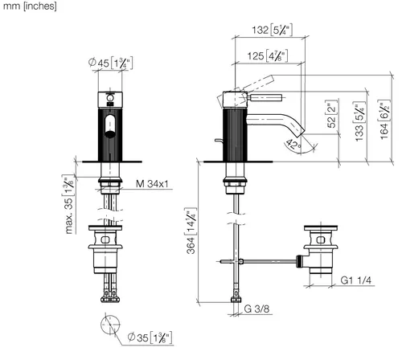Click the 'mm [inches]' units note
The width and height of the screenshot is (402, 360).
point(30,6)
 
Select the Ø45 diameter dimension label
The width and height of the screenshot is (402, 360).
point(110,63)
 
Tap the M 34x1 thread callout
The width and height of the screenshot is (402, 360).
point(152,184)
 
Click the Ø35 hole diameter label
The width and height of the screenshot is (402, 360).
point(150,337)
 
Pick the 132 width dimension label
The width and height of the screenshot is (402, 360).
point(272,30)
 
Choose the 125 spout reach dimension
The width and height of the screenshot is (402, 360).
point(268,56)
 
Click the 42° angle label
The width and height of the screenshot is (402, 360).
point(293,145)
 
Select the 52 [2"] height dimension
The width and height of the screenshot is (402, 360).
point(332,114)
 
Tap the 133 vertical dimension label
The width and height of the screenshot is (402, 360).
point(359,121)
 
